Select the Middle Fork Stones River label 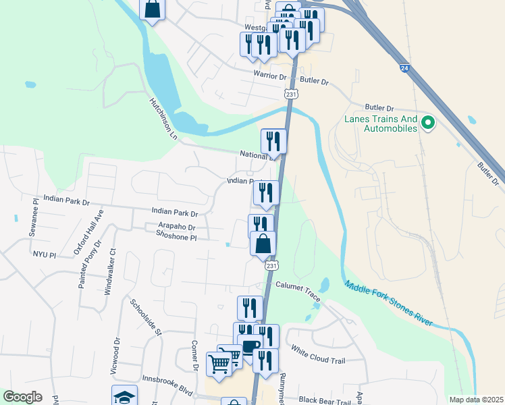coord(388,304)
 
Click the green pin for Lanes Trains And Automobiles coord(427,123)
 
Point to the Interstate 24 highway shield coord(404,68)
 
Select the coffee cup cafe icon coord(250,347)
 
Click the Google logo coord(22,397)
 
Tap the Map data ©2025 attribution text coord(475,400)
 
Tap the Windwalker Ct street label coord(109,272)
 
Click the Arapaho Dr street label coord(174,228)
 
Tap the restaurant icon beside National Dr coord(273,141)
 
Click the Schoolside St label coord(147,317)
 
